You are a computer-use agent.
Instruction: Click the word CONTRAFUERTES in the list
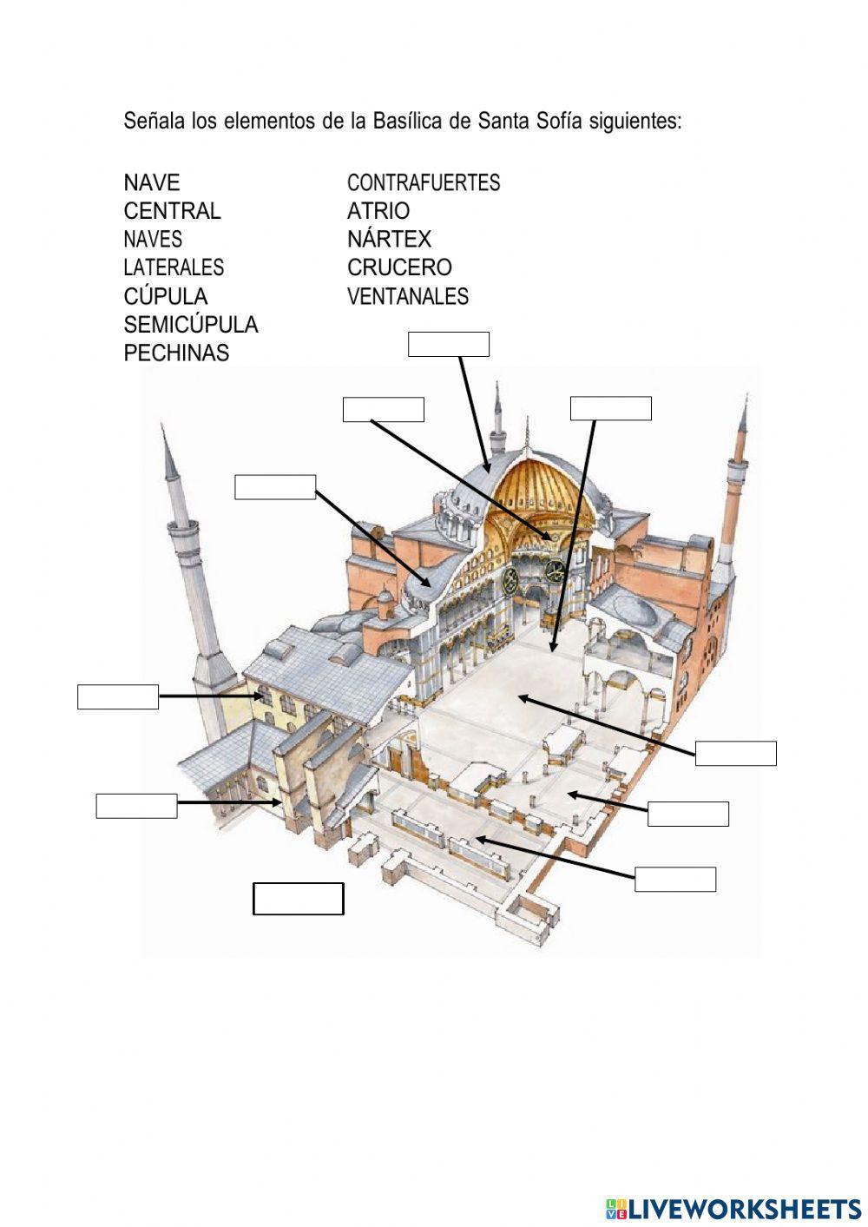pos(424,182)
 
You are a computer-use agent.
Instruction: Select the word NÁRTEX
pos(389,238)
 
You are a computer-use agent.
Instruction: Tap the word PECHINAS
pos(176,353)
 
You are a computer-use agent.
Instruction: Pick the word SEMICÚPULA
pos(191,324)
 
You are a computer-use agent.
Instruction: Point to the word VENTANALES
pos(408,296)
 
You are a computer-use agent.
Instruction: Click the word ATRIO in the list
pos(378,211)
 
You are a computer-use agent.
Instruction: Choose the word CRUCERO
pos(399,267)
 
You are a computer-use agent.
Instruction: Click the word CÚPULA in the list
pos(166,296)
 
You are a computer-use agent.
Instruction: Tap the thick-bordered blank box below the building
pos(299,899)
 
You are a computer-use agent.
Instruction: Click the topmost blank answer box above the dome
pos(449,344)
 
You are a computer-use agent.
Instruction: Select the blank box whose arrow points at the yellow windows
pos(118,696)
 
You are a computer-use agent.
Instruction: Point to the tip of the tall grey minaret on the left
pos(162,424)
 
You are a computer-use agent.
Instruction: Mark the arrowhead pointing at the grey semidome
pos(425,583)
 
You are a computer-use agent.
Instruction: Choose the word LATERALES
pos(174,267)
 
